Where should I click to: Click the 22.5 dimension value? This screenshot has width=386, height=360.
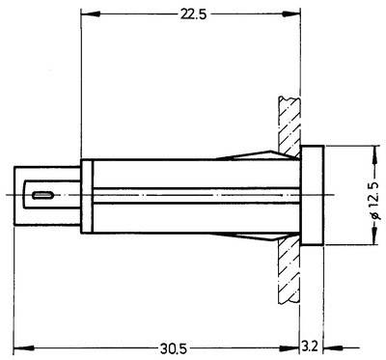[x=189, y=14]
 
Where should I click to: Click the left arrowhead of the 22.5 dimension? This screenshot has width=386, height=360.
[x=87, y=14]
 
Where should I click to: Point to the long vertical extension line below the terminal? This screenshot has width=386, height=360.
[x=19, y=290]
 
